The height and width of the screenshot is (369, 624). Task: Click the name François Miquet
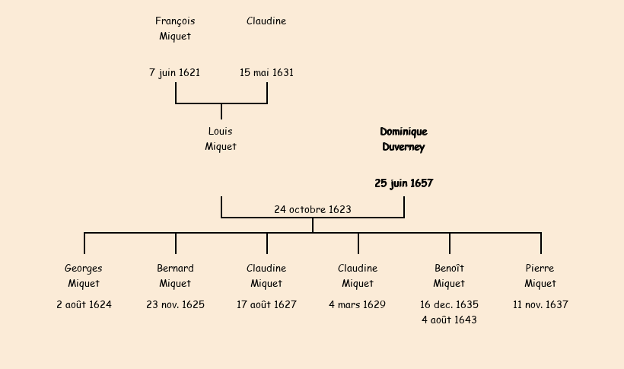tap(175, 29)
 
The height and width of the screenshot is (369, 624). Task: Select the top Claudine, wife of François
tap(266, 21)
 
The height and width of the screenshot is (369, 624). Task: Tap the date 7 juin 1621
tap(175, 73)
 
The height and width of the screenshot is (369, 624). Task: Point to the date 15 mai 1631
tap(266, 73)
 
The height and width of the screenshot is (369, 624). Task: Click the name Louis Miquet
tap(221, 139)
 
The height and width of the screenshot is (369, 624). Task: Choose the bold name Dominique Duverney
tap(403, 139)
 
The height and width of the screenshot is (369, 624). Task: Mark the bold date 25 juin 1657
tap(403, 183)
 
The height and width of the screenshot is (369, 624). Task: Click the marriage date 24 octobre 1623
tap(313, 209)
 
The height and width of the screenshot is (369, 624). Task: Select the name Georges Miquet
tap(84, 276)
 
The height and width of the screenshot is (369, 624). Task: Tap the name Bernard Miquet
tap(175, 276)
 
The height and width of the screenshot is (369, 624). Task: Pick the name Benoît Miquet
tap(449, 276)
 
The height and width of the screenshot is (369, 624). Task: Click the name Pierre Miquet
tap(540, 276)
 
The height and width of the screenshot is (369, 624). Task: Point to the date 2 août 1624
tap(84, 305)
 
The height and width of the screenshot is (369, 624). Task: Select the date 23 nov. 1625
tap(175, 305)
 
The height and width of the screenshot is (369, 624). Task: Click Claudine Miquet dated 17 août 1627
tap(266, 276)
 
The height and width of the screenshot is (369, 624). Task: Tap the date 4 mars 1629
tap(358, 305)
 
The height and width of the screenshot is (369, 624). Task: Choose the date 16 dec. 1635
tap(449, 305)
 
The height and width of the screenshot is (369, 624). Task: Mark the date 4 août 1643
tap(449, 320)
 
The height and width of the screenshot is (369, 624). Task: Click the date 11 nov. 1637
tap(540, 305)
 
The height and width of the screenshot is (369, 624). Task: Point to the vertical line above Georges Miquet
tap(84, 243)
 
